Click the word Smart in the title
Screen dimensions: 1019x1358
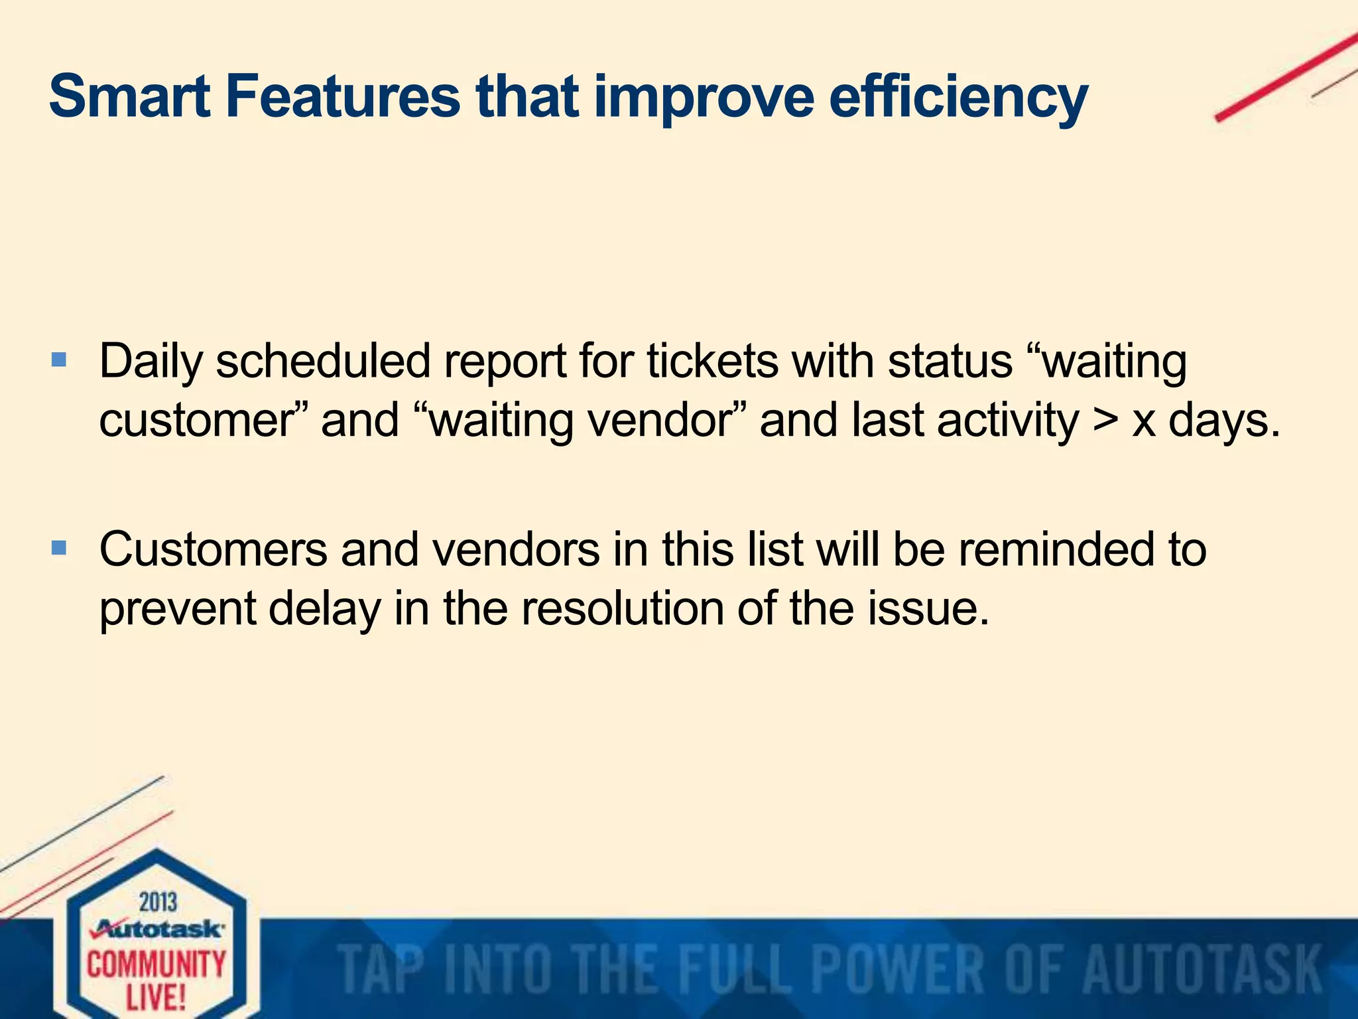(129, 98)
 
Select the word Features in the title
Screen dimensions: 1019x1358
(342, 98)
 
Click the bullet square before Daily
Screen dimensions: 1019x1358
(59, 360)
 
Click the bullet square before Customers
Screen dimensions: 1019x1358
(59, 548)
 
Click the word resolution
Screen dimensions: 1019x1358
(622, 608)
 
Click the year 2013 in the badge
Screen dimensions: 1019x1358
(158, 902)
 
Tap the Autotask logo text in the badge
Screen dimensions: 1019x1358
(158, 929)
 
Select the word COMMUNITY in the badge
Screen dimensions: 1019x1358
(156, 963)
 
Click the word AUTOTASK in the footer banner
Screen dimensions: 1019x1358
(1202, 970)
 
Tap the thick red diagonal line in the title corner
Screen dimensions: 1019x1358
(1286, 78)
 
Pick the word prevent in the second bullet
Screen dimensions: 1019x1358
(177, 608)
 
